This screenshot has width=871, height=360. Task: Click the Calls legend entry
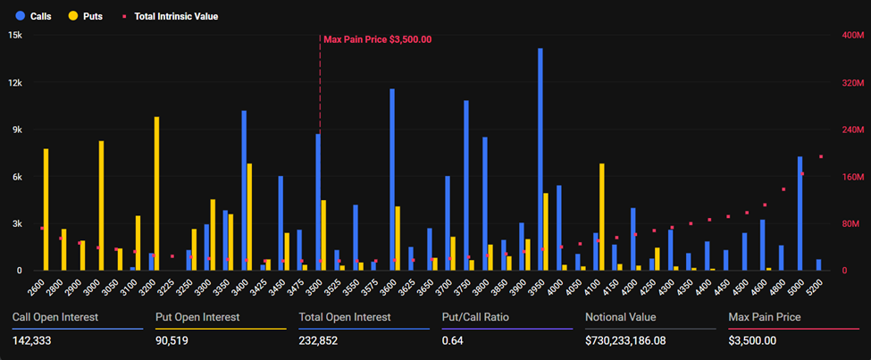[x=35, y=16]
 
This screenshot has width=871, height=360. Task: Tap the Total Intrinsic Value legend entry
[x=169, y=16]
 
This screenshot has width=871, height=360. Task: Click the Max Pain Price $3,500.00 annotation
[x=377, y=39]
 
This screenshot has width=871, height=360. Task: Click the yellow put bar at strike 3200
[x=157, y=193]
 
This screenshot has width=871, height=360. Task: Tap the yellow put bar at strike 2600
[x=46, y=209]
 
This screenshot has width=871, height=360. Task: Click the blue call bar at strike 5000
[x=800, y=213]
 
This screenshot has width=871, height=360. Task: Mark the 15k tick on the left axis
[x=15, y=35]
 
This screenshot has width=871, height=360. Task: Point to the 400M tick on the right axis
[x=853, y=35]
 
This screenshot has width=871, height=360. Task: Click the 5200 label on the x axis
[x=814, y=288]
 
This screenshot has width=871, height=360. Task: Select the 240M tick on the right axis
[x=853, y=130]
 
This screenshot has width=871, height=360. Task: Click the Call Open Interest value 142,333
[x=34, y=340]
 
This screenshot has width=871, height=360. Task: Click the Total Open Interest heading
[x=344, y=316]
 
